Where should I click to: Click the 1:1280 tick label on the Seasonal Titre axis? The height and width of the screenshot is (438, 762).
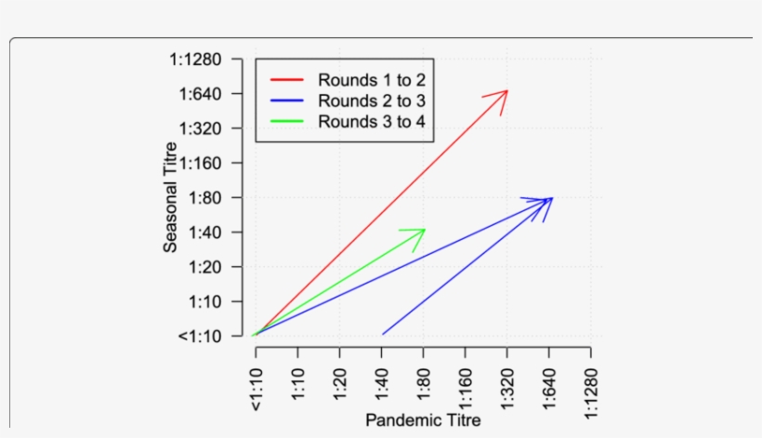pyautogui.click(x=196, y=60)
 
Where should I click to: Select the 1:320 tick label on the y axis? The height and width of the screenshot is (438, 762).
pyautogui.click(x=202, y=128)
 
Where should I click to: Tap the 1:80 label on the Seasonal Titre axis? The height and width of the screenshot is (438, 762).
pyautogui.click(x=204, y=197)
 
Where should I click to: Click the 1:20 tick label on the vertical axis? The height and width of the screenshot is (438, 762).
pyautogui.click(x=204, y=267)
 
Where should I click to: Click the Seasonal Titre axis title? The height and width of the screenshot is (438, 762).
pyautogui.click(x=171, y=203)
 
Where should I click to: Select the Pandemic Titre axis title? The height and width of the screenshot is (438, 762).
pyautogui.click(x=423, y=420)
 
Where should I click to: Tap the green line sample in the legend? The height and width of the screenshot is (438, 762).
pyautogui.click(x=287, y=122)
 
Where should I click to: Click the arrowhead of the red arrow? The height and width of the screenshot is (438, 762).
pyautogui.click(x=506, y=91)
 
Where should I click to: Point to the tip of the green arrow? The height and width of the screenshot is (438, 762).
pyautogui.click(x=425, y=229)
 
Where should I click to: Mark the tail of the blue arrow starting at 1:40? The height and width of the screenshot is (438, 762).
pyautogui.click(x=382, y=335)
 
